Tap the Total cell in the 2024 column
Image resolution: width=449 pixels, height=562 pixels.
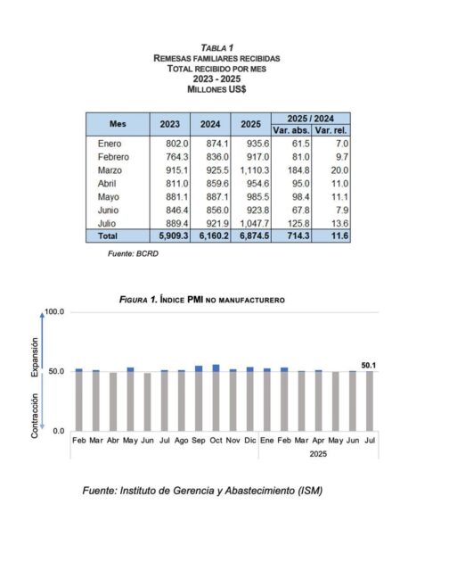[213, 236]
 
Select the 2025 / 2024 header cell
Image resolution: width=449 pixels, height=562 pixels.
[311, 118]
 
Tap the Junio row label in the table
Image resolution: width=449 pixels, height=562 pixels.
[110, 209]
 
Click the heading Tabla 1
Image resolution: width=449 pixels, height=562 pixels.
[217, 46]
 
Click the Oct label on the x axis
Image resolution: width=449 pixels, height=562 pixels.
[216, 441]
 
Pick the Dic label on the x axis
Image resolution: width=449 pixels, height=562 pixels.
[249, 441]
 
